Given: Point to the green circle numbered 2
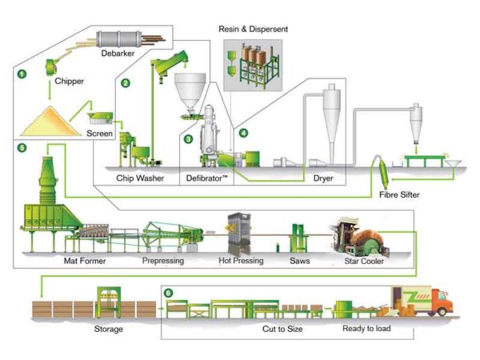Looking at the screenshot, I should point(125,82).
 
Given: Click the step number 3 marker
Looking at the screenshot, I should point(189,138).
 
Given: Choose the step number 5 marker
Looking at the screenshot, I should point(22,148).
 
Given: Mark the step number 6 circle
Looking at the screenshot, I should point(168,293).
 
